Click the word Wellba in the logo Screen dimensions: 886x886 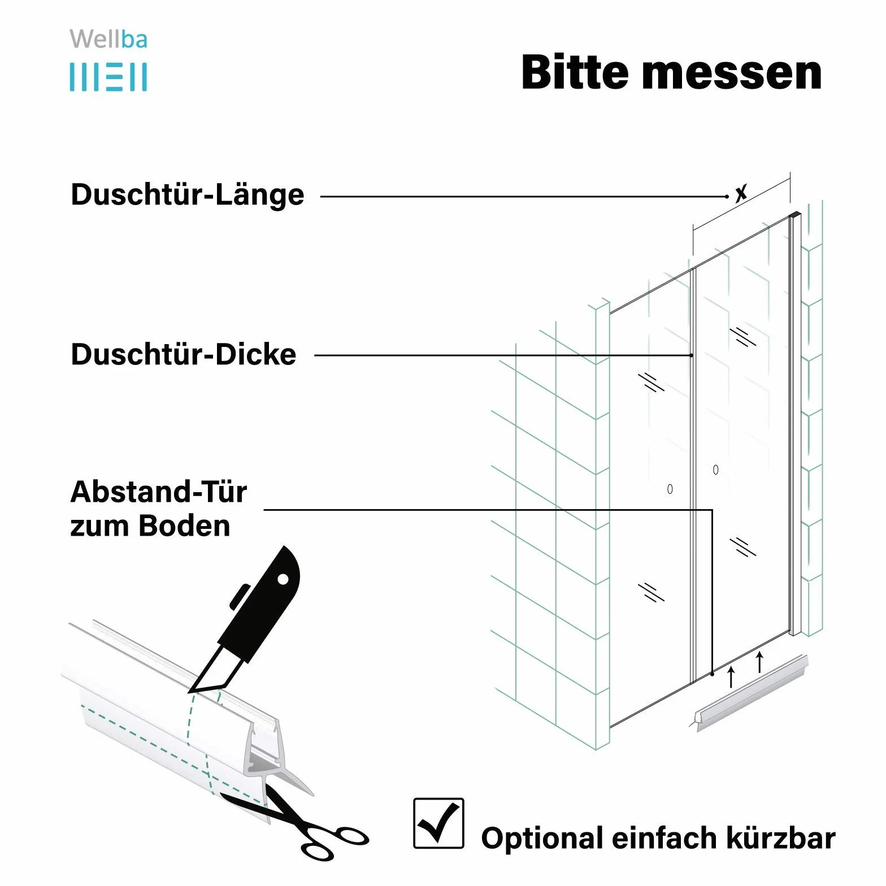pyautogui.click(x=108, y=40)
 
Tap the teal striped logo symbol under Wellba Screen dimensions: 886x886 pyautogui.click(x=108, y=77)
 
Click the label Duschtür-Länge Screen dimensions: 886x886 pyautogui.click(x=188, y=195)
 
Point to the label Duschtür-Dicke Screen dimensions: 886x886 pyautogui.click(x=184, y=355)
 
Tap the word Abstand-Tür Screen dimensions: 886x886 pyautogui.click(x=159, y=492)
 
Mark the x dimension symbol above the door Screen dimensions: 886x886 pyautogui.click(x=741, y=193)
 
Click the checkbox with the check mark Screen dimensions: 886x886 pyautogui.click(x=438, y=823)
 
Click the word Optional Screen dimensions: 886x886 pyautogui.click(x=542, y=839)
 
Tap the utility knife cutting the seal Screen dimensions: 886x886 pyautogui.click(x=246, y=619)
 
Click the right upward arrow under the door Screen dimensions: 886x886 pyautogui.click(x=759, y=662)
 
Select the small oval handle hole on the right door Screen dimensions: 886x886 pyautogui.click(x=716, y=470)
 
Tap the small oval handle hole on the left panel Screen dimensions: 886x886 pyautogui.click(x=670, y=489)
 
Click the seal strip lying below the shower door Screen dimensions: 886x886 pyautogui.click(x=750, y=693)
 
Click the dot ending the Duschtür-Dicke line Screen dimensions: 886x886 pyautogui.click(x=691, y=355)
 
